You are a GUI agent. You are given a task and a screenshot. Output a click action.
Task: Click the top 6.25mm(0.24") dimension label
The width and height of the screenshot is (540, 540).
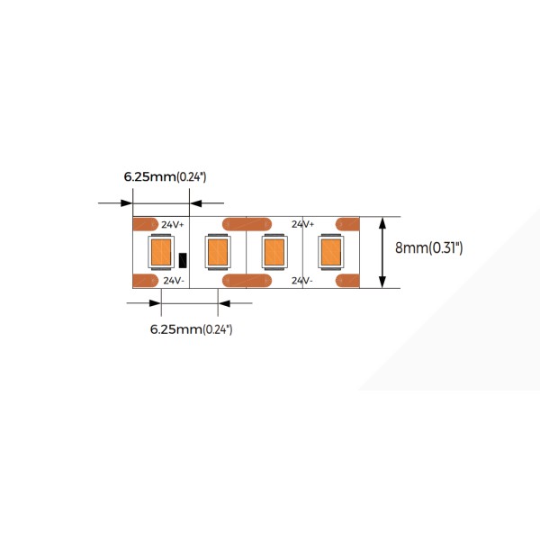click(165, 177)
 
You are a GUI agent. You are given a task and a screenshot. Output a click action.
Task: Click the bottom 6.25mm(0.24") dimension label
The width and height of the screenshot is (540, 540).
click(191, 329)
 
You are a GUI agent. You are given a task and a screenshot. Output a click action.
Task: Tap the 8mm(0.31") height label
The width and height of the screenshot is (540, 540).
click(428, 248)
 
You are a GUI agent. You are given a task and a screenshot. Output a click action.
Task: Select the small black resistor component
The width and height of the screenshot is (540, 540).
click(183, 260)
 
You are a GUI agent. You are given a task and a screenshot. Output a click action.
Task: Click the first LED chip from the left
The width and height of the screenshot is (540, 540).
click(161, 252)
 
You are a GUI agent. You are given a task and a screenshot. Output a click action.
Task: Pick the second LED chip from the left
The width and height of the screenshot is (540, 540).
click(218, 252)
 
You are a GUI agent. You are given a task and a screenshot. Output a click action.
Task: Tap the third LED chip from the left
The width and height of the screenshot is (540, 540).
click(274, 252)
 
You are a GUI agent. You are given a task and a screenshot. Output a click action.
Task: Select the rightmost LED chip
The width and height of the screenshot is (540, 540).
click(331, 252)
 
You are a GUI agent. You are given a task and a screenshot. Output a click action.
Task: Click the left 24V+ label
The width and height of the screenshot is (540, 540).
click(173, 224)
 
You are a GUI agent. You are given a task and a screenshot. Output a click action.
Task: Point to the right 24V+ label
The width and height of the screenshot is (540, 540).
click(302, 224)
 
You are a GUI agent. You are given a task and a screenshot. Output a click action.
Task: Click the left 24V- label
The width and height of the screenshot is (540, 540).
click(174, 281)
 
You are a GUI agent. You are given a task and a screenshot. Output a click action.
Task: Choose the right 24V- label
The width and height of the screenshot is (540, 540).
click(302, 281)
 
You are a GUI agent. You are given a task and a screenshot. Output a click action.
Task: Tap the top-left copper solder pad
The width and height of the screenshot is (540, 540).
click(145, 224)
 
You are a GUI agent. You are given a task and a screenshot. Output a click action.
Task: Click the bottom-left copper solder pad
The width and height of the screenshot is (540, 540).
click(145, 281)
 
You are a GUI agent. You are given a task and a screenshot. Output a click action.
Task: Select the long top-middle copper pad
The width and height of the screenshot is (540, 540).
click(247, 224)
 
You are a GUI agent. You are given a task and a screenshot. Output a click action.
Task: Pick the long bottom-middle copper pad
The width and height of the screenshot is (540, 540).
click(247, 281)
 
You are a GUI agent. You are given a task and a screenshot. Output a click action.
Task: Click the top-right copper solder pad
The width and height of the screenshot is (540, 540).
click(347, 224)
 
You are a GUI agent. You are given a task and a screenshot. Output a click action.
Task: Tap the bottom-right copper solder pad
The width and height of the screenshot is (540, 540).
click(347, 281)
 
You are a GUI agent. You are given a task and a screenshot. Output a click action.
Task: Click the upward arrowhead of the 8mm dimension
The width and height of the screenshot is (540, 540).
click(382, 223)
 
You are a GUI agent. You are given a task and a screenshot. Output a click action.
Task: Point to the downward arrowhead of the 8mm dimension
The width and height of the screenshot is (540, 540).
click(382, 282)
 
